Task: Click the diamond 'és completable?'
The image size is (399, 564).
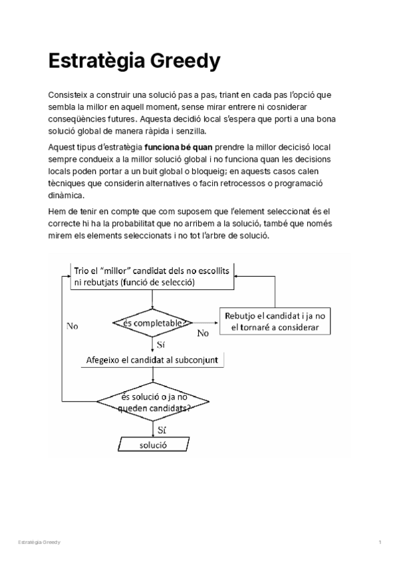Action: click(153, 323)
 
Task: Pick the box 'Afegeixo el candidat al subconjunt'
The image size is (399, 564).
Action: click(154, 360)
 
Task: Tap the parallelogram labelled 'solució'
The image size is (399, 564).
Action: click(153, 444)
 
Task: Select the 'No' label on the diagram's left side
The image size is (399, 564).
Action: click(72, 327)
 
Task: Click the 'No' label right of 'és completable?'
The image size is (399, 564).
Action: click(203, 333)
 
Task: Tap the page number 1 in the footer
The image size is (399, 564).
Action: click(379, 543)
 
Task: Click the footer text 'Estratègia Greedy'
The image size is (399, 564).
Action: click(39, 543)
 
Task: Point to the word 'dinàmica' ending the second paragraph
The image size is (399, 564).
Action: click(66, 196)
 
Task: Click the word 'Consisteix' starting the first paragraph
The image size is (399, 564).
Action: click(67, 95)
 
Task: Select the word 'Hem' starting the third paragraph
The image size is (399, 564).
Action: click(57, 211)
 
